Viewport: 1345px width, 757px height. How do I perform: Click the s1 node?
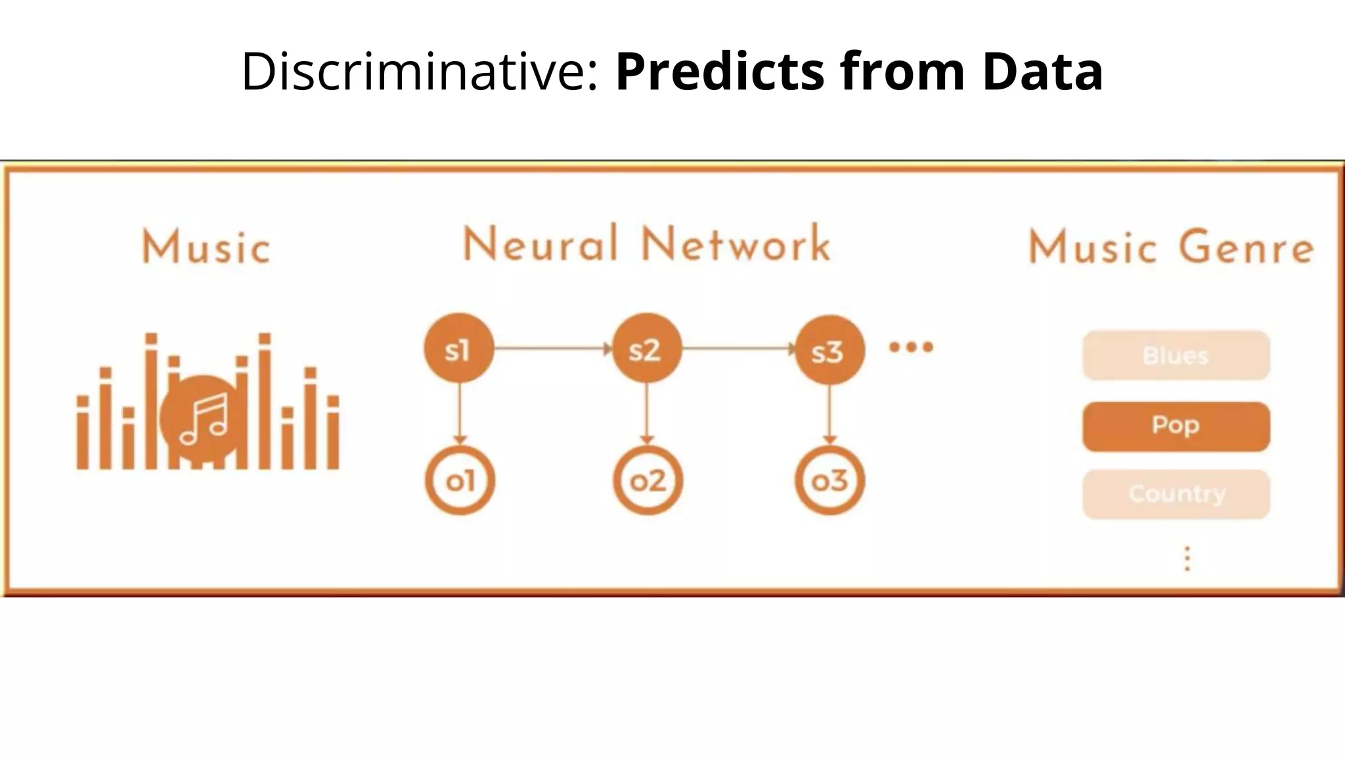click(x=458, y=349)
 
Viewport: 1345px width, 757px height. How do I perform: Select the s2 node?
click(x=646, y=349)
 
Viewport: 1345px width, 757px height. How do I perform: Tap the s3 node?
click(x=829, y=350)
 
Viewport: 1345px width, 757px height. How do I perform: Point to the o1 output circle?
click(x=460, y=481)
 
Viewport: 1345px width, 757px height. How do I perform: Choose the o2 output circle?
click(x=648, y=481)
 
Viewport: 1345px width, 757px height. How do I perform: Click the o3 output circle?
click(x=829, y=481)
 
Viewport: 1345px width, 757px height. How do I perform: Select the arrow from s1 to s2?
click(x=552, y=348)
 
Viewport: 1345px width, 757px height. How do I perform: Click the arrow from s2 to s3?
click(x=738, y=348)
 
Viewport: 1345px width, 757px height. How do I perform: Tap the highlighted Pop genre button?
click(x=1176, y=426)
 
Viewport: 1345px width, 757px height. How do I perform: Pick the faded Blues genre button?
click(x=1176, y=356)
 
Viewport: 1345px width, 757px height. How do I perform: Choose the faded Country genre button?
click(x=1176, y=494)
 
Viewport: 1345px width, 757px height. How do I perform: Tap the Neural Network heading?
click(x=647, y=244)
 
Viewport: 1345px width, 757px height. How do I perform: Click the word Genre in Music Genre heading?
click(x=1246, y=248)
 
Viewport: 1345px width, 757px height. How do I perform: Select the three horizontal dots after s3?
click(x=911, y=347)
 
